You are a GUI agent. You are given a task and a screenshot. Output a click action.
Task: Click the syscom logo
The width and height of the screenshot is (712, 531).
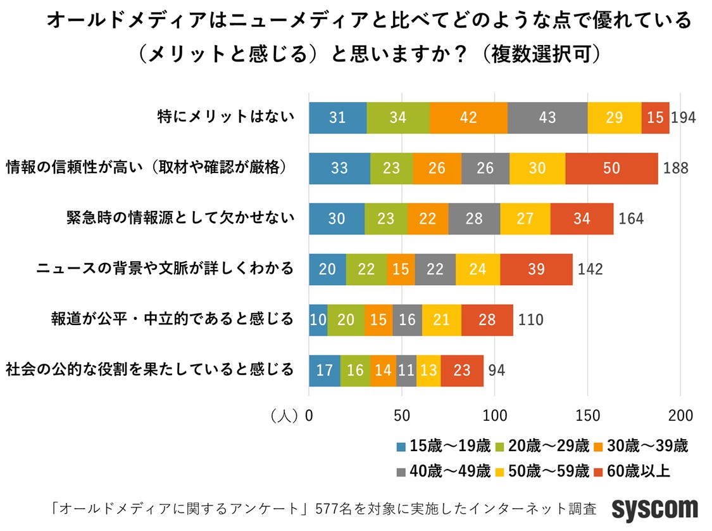[654, 509]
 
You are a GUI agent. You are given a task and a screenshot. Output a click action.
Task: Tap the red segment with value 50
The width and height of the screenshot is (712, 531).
[611, 168]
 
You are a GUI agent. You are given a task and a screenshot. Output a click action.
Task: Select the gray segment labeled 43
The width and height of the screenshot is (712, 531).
[547, 117]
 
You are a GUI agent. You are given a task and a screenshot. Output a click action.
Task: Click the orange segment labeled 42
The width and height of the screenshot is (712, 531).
[468, 117]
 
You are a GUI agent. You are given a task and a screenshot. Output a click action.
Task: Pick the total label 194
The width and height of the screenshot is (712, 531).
[684, 118]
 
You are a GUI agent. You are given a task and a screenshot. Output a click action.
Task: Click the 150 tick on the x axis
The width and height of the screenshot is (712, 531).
[587, 416]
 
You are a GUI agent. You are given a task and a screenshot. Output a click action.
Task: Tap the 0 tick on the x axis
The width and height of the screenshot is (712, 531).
[309, 416]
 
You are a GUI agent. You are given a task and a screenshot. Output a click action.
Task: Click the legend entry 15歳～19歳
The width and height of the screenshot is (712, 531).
[443, 446]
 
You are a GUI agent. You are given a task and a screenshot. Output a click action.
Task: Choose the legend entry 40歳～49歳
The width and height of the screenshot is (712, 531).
[443, 471]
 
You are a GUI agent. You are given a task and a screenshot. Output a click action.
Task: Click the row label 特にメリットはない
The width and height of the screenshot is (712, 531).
[226, 117]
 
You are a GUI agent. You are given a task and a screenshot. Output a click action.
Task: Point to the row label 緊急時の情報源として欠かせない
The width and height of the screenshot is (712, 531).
[180, 219]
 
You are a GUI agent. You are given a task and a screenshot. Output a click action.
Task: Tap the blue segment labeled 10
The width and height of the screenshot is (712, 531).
[318, 320]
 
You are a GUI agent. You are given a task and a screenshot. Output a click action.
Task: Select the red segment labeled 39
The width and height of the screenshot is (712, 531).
[535, 269]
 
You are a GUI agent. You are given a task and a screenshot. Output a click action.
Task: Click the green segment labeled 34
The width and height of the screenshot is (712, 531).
[398, 117]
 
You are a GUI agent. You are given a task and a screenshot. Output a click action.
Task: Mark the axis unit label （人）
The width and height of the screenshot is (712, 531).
[283, 416]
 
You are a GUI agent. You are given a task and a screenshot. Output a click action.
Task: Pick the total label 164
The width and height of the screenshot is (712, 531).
[631, 219]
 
